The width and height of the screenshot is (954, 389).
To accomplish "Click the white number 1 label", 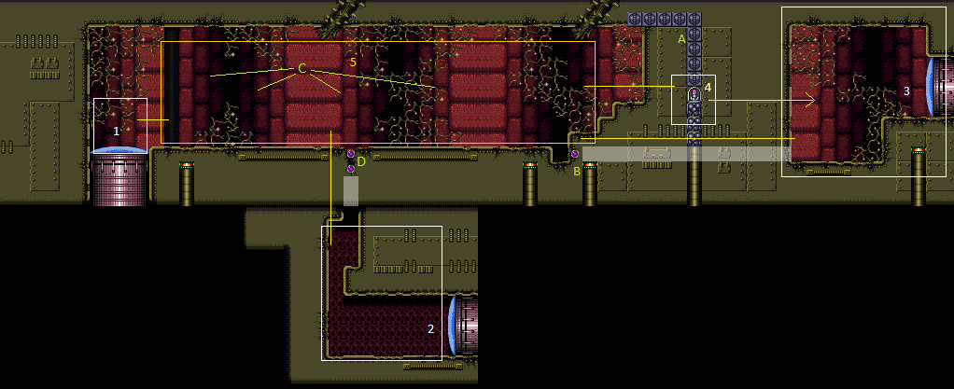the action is (116, 131).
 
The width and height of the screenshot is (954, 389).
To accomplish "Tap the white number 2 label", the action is (430, 328).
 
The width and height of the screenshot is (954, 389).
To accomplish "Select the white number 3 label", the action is (906, 91).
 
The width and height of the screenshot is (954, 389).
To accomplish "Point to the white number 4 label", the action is (708, 88).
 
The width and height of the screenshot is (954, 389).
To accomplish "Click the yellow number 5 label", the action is (353, 62).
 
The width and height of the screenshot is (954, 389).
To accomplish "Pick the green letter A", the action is (681, 39).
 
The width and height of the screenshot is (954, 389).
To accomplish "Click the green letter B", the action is (577, 172).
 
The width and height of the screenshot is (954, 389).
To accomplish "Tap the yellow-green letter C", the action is (302, 69).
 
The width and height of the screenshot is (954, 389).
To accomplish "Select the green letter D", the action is (361, 161).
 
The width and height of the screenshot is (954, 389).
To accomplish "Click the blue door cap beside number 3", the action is (931, 87).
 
